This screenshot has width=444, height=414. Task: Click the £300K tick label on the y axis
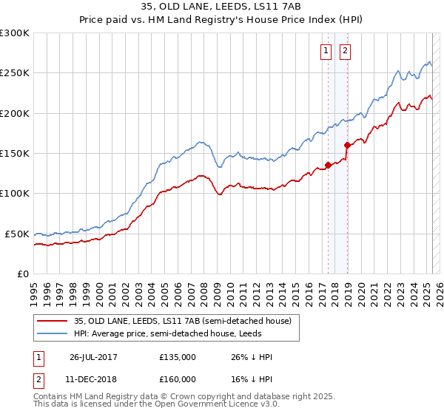pyautogui.click(x=15, y=33)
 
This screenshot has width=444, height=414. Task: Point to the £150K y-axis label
pyautogui.click(x=15, y=154)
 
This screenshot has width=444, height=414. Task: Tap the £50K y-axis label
pyautogui.click(x=17, y=234)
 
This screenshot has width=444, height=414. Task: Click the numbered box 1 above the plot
pyautogui.click(x=327, y=51)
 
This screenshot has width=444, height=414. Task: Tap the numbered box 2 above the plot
pyautogui.click(x=346, y=51)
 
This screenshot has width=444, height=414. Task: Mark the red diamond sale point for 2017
pyautogui.click(x=328, y=166)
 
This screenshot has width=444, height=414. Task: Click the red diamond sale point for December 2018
pyautogui.click(x=346, y=146)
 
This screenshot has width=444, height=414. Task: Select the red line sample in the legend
pyautogui.click(x=53, y=321)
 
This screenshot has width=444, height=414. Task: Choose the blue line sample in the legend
pyautogui.click(x=53, y=334)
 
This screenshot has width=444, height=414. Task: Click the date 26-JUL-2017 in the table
pyautogui.click(x=94, y=357)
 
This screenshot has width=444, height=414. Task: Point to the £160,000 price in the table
pyautogui.click(x=178, y=379)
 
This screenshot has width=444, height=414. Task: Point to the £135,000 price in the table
pyautogui.click(x=178, y=357)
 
